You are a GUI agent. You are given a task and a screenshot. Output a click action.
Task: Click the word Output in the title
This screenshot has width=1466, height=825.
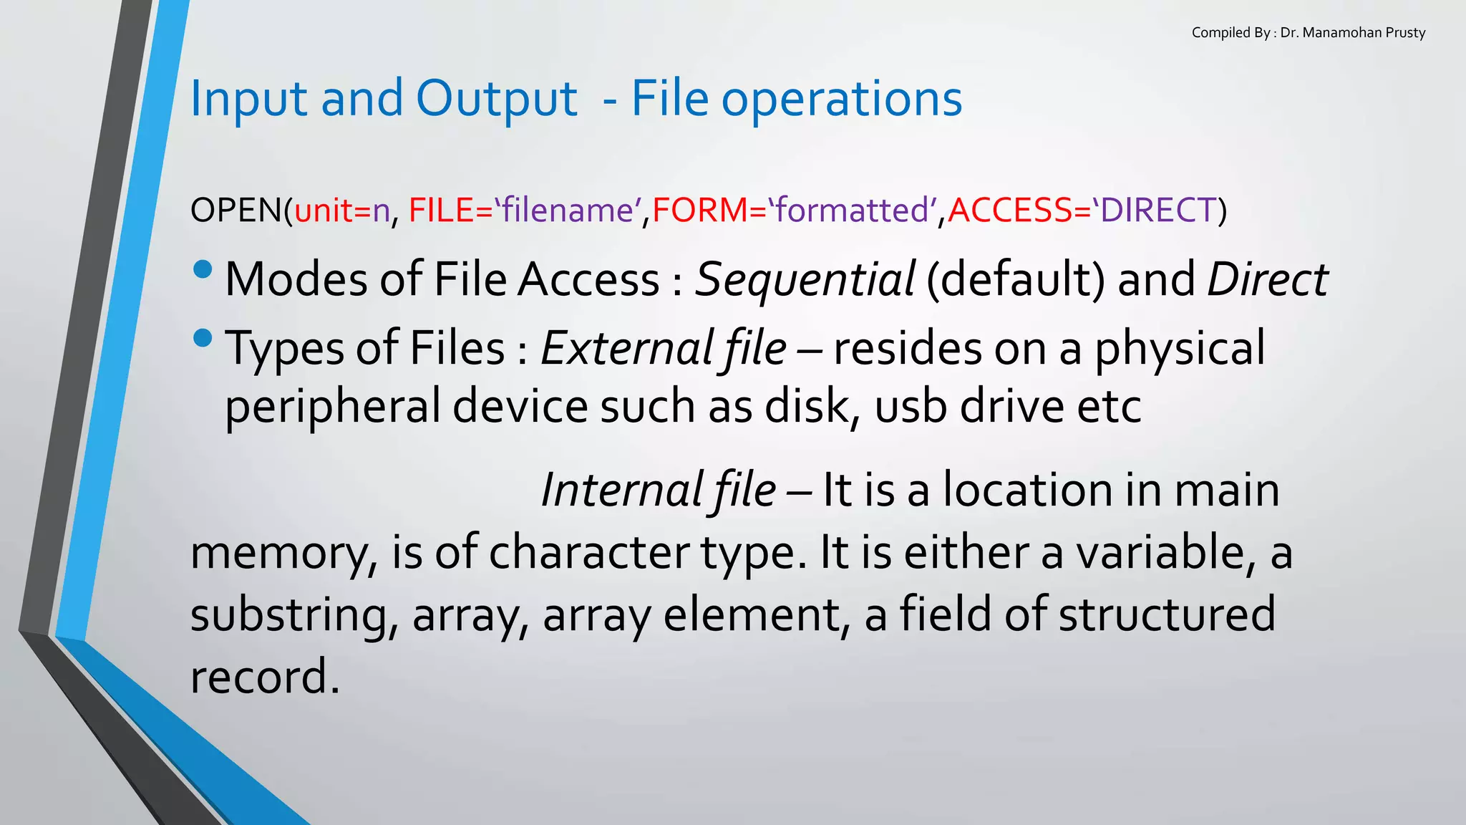(496, 99)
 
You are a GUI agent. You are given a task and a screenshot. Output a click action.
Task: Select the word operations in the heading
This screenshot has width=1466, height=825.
(841, 99)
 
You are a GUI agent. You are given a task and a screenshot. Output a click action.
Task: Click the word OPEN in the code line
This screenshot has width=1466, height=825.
(236, 211)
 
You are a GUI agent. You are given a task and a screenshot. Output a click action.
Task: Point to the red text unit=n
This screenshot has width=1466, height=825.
(342, 211)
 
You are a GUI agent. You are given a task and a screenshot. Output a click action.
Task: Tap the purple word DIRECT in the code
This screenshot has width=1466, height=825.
(1158, 211)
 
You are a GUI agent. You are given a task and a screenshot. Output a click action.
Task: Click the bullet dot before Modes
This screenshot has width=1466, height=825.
(203, 269)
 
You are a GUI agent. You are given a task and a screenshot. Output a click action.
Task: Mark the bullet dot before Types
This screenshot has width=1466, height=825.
(203, 338)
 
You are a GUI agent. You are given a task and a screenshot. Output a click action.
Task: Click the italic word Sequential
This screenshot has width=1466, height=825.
(805, 279)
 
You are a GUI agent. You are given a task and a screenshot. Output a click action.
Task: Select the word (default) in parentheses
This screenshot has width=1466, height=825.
(1016, 279)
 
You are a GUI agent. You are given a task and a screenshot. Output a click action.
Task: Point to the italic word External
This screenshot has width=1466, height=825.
(625, 349)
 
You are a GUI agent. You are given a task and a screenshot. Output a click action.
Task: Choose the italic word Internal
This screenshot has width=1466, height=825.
(621, 491)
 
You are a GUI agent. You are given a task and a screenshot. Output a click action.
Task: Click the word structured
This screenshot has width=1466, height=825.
(1166, 614)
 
